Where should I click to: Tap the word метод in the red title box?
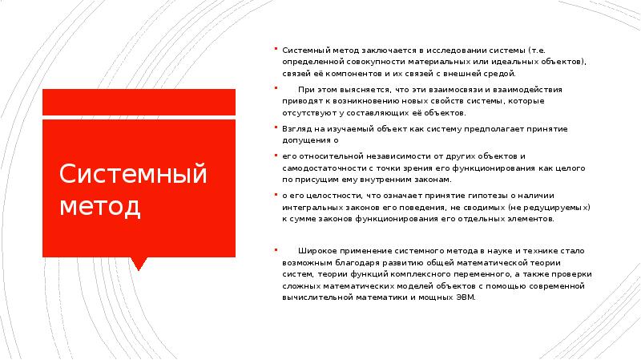point(100,206)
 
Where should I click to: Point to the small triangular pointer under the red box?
point(138,261)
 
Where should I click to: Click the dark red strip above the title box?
point(138,101)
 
